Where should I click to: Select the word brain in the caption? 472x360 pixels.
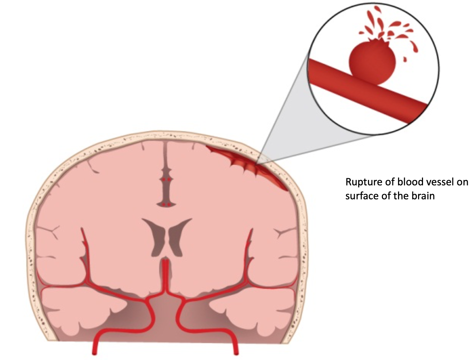click(x=423, y=196)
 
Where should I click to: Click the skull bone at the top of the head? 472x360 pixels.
click(x=164, y=136)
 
